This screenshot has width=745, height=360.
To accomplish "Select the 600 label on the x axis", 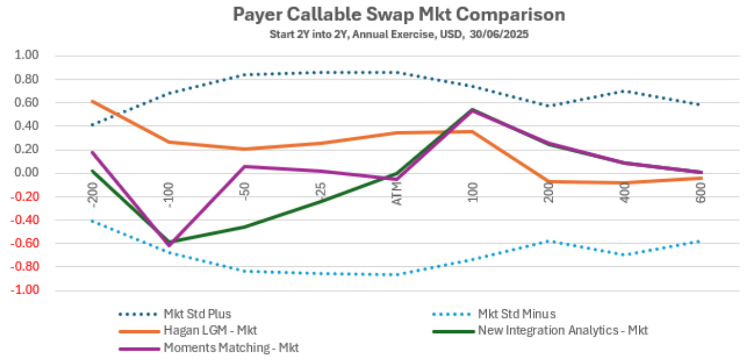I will [x=701, y=192].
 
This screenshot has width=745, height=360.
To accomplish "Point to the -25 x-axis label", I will [x=320, y=192].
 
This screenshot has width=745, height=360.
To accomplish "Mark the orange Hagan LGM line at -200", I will [x=92, y=101].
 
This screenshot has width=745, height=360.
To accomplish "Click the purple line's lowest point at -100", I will [x=168, y=245].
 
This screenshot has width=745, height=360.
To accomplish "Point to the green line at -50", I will [x=244, y=227].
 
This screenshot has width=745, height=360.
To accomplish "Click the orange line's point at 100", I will [x=472, y=131].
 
